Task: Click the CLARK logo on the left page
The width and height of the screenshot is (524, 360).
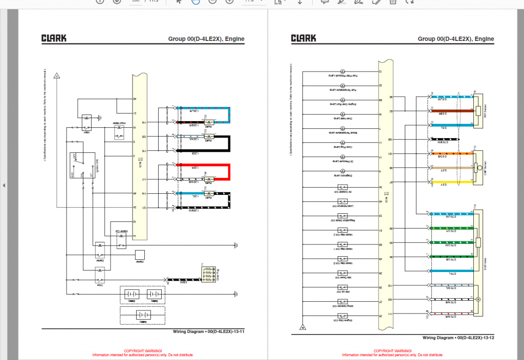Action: [53, 38]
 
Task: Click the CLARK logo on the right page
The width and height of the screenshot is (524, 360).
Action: [303, 38]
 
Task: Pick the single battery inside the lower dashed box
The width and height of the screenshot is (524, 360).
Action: [143, 315]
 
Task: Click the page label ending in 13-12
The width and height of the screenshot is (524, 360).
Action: [458, 337]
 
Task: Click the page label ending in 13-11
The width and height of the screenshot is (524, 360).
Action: [209, 332]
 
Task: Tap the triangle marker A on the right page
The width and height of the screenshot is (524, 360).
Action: [303, 327]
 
